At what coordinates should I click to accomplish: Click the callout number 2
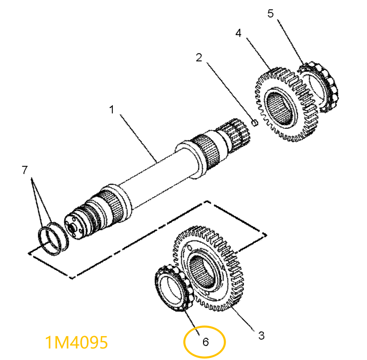pyautogui.click(x=199, y=58)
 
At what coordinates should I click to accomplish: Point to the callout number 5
pyautogui.click(x=270, y=13)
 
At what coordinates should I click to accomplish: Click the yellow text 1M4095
pyautogui.click(x=77, y=342)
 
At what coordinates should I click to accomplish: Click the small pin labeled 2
pyautogui.click(x=255, y=122)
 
